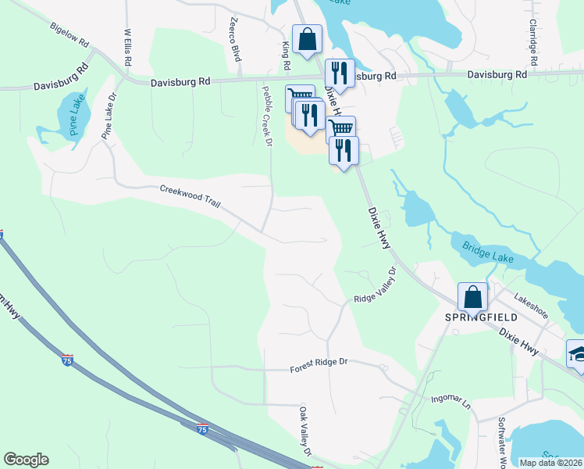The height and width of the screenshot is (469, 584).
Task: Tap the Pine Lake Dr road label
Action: pos(109,117)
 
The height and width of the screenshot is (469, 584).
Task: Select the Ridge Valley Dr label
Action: pos(376,288)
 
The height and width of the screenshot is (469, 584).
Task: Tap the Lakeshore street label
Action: pos(532,308)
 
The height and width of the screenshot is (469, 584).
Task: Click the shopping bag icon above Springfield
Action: pos(472,297)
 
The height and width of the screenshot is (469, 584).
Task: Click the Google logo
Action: pos(26,460)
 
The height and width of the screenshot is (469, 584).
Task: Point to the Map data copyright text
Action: pos(550,463)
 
